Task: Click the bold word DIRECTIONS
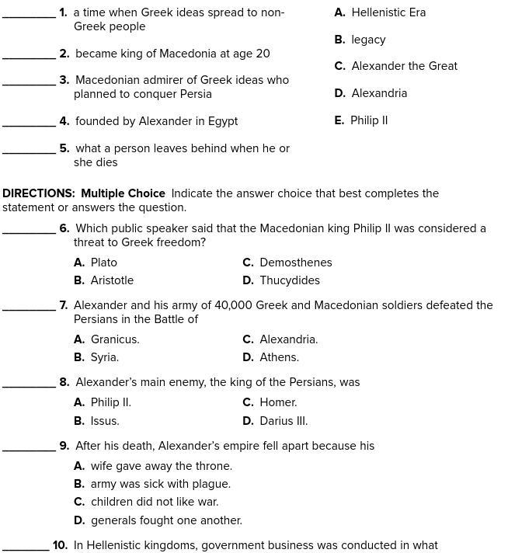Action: [x=39, y=193]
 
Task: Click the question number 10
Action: [x=60, y=545]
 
